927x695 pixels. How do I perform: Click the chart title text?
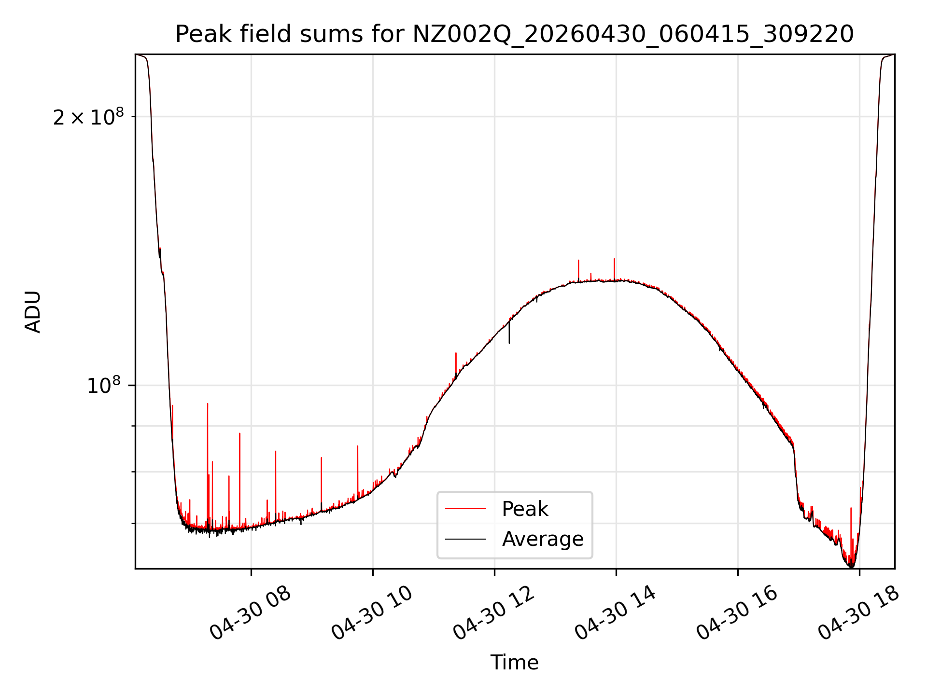coord(514,34)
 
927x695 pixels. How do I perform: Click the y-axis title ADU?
coord(33,312)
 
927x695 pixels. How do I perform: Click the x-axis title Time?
coord(514,663)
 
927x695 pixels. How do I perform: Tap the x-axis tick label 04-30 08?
coord(250,613)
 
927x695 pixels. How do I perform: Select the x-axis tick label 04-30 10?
coord(372,613)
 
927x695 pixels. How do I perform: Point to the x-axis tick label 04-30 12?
coord(493,613)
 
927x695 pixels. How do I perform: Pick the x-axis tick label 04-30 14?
coord(615,613)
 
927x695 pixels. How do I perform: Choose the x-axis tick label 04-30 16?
coord(737,613)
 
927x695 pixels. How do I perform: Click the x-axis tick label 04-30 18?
coord(858,613)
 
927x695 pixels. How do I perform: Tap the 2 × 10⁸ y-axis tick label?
coord(88,117)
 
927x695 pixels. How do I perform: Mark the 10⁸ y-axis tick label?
coord(103,385)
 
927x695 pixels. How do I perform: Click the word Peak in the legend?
coord(525,509)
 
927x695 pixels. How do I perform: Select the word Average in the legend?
coord(543,539)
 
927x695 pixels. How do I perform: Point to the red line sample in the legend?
coord(465,509)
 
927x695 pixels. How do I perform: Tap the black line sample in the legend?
coord(465,539)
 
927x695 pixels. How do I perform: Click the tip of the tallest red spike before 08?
coord(208,403)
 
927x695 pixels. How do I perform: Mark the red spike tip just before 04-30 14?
coord(614,259)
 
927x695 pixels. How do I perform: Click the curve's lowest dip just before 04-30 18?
coord(851,567)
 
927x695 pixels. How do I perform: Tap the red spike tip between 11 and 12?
coord(456,353)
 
